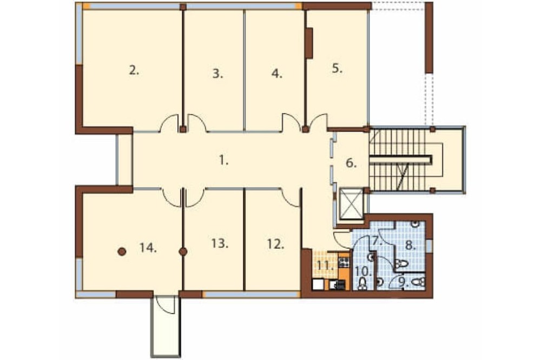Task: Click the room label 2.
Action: tap(134, 71)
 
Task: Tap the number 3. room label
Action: tap(217, 74)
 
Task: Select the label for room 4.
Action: tap(276, 74)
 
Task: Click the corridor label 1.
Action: tap(224, 161)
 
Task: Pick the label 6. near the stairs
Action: tap(351, 163)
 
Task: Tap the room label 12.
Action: tap(276, 244)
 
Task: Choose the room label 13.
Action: tap(220, 243)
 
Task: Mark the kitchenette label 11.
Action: tap(326, 266)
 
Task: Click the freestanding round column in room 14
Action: tap(121, 252)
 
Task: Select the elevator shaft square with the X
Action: tap(352, 203)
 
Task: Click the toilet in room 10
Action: tap(362, 284)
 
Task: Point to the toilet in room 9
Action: tap(418, 282)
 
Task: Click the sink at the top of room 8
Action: tap(416, 224)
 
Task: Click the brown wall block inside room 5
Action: tap(309, 43)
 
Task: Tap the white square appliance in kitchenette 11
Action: tap(318, 284)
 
